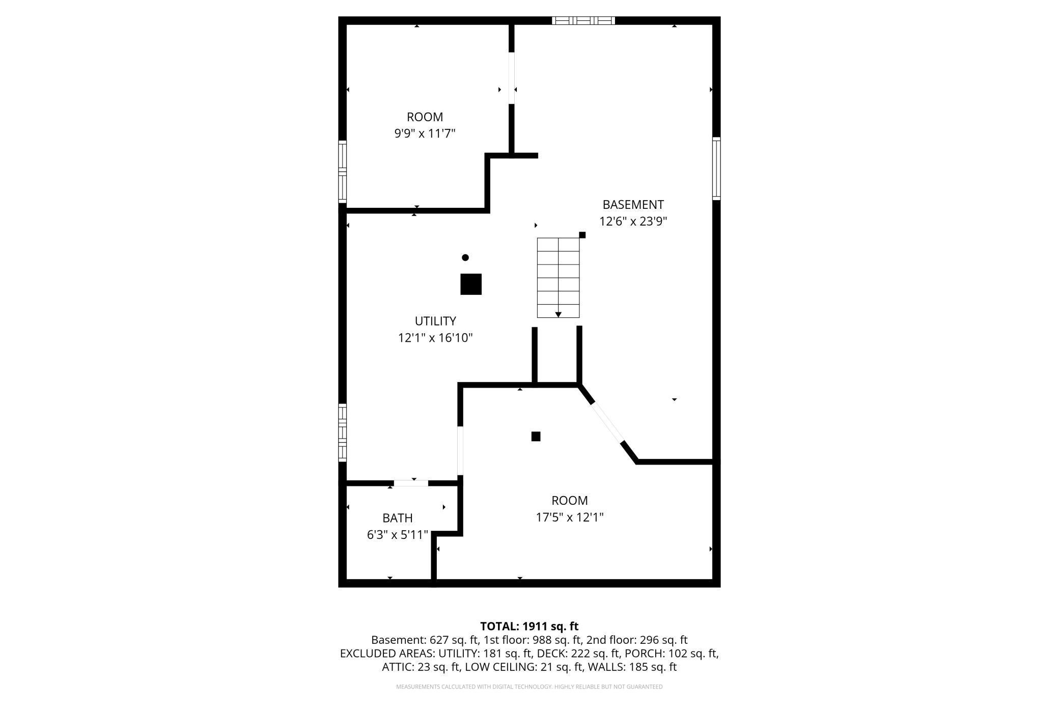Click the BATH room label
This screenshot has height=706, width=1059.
point(397,518)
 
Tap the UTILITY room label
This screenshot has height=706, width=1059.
point(435,321)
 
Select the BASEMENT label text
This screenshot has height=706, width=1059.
point(633,205)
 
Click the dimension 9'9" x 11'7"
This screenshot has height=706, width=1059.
point(425,134)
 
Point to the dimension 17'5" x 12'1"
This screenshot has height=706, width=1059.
point(569,518)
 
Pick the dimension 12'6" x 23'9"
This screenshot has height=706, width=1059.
point(633,222)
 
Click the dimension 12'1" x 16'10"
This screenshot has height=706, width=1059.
point(435,338)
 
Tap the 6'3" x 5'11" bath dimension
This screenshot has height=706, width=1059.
point(397,535)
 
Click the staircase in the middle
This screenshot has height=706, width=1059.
point(558,278)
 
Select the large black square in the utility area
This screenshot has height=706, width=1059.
point(471,284)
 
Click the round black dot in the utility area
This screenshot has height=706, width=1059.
point(465,258)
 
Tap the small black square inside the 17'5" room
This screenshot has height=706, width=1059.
point(536,437)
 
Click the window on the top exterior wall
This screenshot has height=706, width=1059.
point(583,21)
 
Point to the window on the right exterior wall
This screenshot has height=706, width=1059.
point(716,169)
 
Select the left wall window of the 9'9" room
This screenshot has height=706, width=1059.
point(343,172)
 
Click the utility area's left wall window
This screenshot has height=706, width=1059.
point(343,432)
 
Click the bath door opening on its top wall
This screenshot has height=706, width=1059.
point(411,483)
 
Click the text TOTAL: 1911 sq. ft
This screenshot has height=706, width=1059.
point(529,627)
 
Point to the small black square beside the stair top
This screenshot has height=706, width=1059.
point(582,235)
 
